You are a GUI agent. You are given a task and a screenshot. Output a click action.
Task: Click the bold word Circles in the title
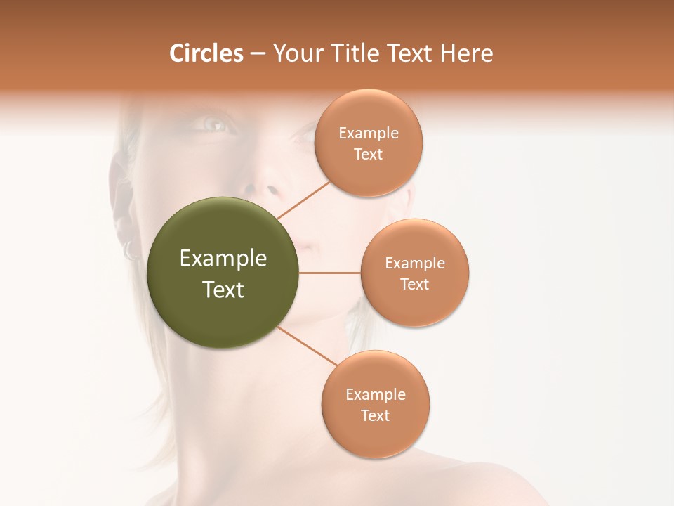click(206, 53)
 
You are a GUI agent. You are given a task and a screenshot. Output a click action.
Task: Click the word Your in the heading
click(297, 53)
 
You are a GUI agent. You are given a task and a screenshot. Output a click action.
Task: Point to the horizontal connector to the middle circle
click(329, 273)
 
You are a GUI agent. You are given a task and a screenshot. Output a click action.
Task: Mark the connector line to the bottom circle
click(307, 346)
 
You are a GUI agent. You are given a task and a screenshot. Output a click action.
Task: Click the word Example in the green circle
click(223, 259)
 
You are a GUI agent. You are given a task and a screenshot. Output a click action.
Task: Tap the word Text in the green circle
click(223, 290)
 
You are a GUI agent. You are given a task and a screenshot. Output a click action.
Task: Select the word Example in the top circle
click(369, 134)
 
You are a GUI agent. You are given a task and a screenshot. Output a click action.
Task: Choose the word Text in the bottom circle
click(375, 415)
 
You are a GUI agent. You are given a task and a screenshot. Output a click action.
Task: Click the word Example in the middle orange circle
click(415, 264)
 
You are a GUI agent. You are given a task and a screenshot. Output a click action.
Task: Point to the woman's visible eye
click(215, 124)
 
